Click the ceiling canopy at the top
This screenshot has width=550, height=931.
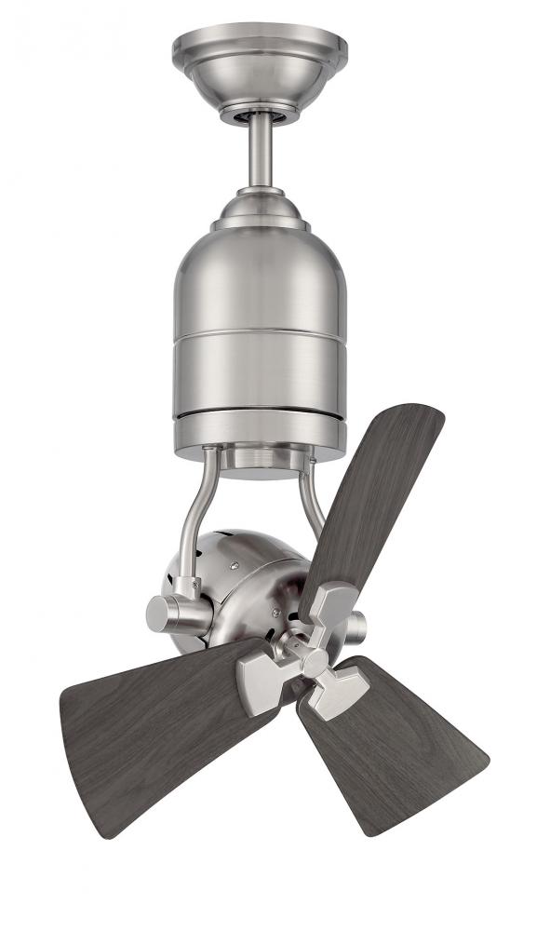(x=260, y=61)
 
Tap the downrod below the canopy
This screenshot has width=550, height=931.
(x=261, y=149)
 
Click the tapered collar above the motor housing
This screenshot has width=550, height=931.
(x=260, y=209)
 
